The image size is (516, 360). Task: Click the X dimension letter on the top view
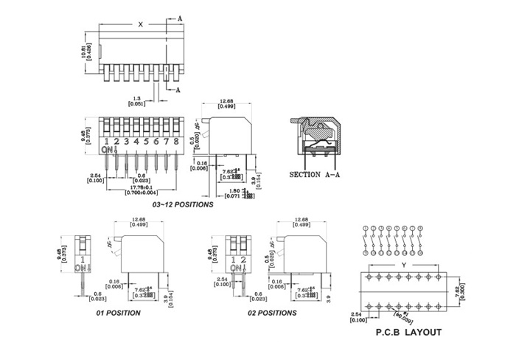pyautogui.click(x=140, y=24)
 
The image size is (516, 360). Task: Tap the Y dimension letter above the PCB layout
pyautogui.click(x=402, y=265)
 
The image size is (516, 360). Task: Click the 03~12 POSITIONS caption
pyautogui.click(x=183, y=204)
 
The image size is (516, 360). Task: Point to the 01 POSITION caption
pyautogui.click(x=118, y=313)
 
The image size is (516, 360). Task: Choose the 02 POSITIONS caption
pyautogui.click(x=272, y=313)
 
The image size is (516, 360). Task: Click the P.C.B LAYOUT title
pyautogui.click(x=408, y=333)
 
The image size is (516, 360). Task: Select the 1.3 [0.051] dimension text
pyautogui.click(x=136, y=101)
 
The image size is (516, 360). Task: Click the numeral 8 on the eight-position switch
pyautogui.click(x=177, y=141)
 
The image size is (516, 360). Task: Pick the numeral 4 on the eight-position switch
pyautogui.click(x=136, y=141)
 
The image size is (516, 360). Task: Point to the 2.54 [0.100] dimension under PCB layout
pyautogui.click(x=357, y=318)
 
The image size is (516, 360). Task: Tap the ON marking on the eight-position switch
pyautogui.click(x=108, y=150)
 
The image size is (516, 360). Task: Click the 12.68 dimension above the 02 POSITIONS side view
pyautogui.click(x=301, y=222)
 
